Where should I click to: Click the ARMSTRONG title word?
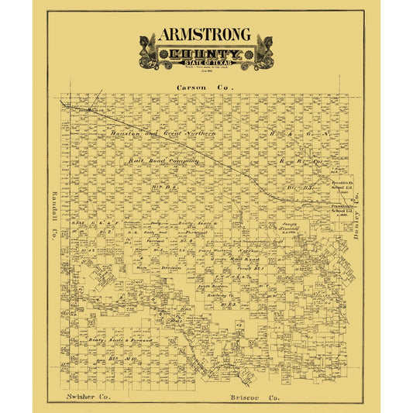point(205,35)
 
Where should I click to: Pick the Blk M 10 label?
point(116,360)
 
